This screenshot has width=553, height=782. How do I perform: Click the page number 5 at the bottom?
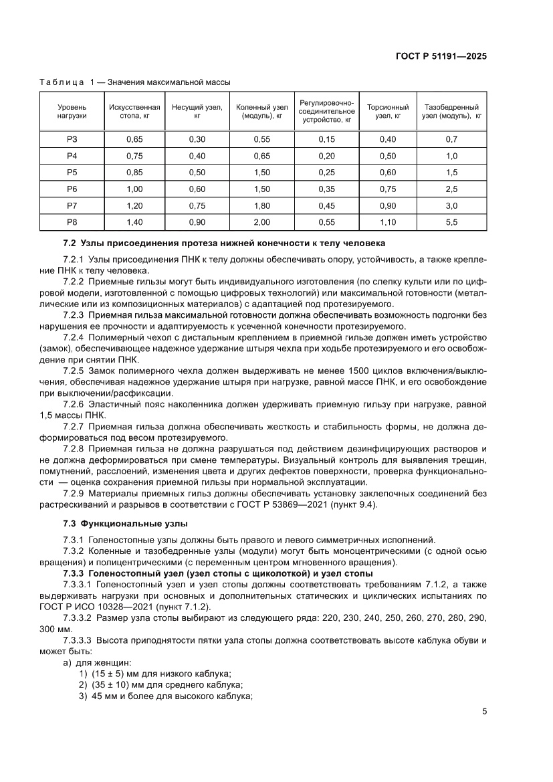(484, 711)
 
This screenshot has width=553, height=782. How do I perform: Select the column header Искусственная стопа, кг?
(134, 112)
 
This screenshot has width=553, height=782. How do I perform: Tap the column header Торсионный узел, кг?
(388, 112)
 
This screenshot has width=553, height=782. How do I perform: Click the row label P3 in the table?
(72, 139)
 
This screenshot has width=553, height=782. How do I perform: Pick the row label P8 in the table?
(72, 223)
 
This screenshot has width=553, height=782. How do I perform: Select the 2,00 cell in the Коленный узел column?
(261, 223)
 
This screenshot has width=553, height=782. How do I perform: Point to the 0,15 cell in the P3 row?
(326, 139)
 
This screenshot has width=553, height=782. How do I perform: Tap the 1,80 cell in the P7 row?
(261, 206)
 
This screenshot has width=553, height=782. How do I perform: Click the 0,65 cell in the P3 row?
(134, 139)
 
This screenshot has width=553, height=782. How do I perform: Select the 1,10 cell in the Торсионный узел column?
(388, 223)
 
